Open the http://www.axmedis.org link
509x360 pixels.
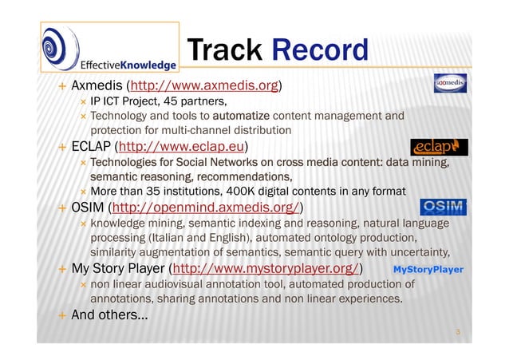coord(203,85)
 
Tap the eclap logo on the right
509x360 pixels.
coord(439,148)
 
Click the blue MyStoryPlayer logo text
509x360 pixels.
coord(428,270)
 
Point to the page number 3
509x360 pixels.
coord(458,328)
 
